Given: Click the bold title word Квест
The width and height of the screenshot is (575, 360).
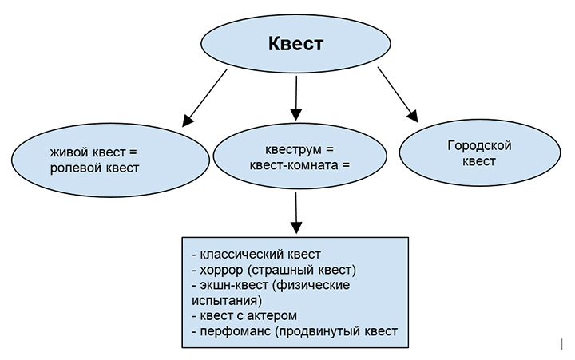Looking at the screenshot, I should pyautogui.click(x=295, y=44).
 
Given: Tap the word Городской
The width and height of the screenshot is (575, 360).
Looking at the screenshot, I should pyautogui.click(x=478, y=145).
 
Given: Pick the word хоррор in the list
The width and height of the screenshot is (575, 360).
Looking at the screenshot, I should pyautogui.click(x=220, y=270).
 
